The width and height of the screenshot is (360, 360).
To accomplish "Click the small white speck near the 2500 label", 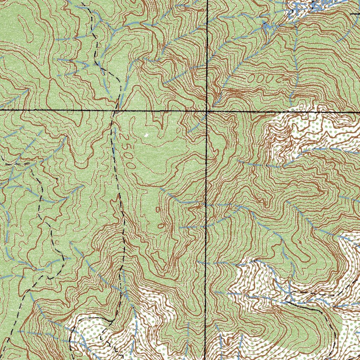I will coord(146,135).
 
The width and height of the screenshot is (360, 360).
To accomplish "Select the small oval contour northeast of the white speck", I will coord(178,130).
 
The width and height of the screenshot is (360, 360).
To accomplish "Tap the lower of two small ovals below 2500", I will coord(161,225).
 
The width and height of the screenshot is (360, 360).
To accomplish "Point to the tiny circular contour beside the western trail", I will coord(57,243).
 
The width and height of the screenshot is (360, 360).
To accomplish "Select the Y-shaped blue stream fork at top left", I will coord(115,32).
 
